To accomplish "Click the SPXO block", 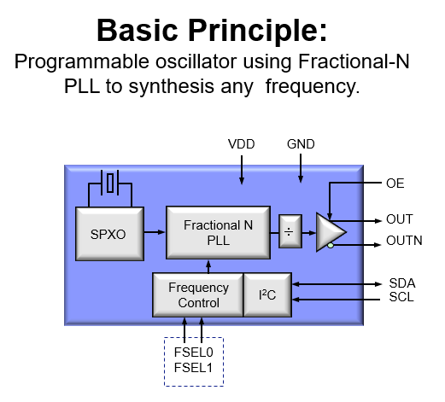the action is click(109, 234).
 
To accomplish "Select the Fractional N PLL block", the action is click(218, 232).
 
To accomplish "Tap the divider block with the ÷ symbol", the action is click(290, 231).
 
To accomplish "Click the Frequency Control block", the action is click(198, 294).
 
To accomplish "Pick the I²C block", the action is click(267, 294).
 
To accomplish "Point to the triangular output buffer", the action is click(331, 232).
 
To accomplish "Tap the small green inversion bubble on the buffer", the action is click(331, 245).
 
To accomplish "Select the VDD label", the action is click(242, 144).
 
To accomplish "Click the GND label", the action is click(301, 144).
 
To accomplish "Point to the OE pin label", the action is click(395, 184).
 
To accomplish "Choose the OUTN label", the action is click(404, 241).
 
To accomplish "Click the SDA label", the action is click(402, 283).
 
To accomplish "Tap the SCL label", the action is click(401, 297).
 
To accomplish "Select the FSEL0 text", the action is click(194, 352).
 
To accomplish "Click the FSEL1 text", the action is click(193, 368).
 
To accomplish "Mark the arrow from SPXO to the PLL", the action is click(155, 232).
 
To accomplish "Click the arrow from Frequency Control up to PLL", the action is click(208, 266).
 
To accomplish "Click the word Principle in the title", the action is click(257, 31).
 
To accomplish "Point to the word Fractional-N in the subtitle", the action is click(354, 61).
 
